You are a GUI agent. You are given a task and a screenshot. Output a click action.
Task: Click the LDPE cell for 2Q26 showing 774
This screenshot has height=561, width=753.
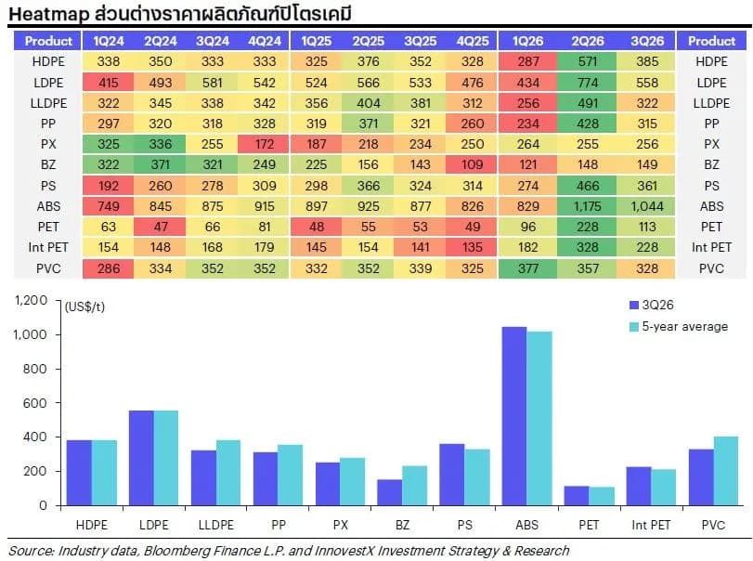pos(588,83)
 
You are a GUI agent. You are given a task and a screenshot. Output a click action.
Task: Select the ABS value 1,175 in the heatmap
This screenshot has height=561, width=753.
pos(588,206)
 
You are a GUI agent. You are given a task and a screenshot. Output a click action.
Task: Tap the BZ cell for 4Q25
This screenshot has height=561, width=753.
pos(472,164)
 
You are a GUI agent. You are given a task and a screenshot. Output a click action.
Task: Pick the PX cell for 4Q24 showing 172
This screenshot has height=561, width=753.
pos(264,144)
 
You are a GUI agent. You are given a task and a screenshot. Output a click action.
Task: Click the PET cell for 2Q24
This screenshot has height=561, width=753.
pos(161,227)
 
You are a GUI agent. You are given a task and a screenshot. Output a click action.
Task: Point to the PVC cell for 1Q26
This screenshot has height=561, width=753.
pos(527,268)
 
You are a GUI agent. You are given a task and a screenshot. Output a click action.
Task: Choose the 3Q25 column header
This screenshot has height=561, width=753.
pos(421,41)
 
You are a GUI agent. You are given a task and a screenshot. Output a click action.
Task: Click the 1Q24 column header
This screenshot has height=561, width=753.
pos(109,41)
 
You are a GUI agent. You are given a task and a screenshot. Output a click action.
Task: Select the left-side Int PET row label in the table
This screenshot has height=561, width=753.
pos(48,247)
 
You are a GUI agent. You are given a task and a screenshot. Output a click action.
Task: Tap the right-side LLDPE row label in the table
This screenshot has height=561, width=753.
pos(711,103)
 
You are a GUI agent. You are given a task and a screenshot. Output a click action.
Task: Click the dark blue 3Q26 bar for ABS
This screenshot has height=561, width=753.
pos(514,416)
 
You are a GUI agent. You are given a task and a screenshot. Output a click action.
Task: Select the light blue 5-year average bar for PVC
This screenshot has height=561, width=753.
pos(726,471)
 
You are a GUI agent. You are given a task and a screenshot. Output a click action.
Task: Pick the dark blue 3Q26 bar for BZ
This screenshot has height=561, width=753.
pos(390,493)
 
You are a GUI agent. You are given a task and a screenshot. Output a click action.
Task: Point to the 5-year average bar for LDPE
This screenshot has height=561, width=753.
pos(166,458)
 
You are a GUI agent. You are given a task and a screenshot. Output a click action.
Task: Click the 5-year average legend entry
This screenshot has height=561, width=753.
pos(679,327)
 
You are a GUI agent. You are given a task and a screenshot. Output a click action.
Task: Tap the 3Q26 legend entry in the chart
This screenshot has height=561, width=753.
pos(651,305)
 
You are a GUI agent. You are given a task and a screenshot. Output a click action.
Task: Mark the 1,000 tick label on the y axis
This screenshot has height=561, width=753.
pos(30,334)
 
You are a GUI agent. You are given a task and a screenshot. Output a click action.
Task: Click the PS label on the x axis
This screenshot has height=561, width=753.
pos(465,525)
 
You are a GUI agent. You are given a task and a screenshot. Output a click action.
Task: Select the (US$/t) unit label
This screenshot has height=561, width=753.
pos(84,307)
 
